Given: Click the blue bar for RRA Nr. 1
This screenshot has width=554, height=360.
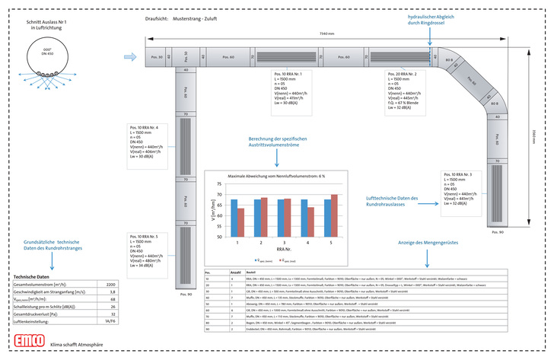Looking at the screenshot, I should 234,218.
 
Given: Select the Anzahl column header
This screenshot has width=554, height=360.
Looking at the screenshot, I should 235,272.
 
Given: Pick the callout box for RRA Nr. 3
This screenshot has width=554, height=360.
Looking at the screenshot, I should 465,188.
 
